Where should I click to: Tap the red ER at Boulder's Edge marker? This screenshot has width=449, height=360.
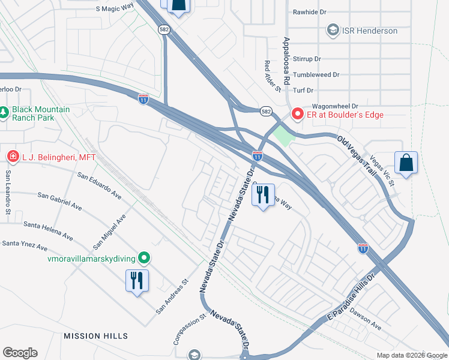coord(297,114)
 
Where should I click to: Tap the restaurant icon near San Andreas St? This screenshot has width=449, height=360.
coord(136,281)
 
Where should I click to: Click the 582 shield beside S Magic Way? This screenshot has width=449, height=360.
coord(163,29)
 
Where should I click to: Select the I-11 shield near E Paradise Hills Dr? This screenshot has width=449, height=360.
coord(363,247)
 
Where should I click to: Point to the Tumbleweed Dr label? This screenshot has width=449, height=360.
coord(321,75)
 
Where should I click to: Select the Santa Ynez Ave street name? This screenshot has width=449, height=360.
coord(25,245)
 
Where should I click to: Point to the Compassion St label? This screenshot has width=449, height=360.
coord(181,332)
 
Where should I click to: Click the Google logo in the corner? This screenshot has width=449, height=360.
coord(20,352)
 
